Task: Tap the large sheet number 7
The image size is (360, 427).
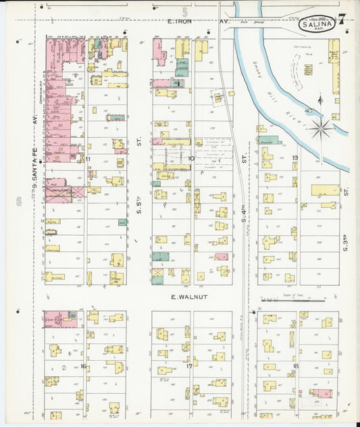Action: click(x=342, y=18)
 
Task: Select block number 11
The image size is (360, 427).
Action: click(x=88, y=159)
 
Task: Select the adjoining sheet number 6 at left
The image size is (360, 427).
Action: click(x=20, y=201)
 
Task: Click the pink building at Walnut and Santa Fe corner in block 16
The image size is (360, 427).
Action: click(x=61, y=319)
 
